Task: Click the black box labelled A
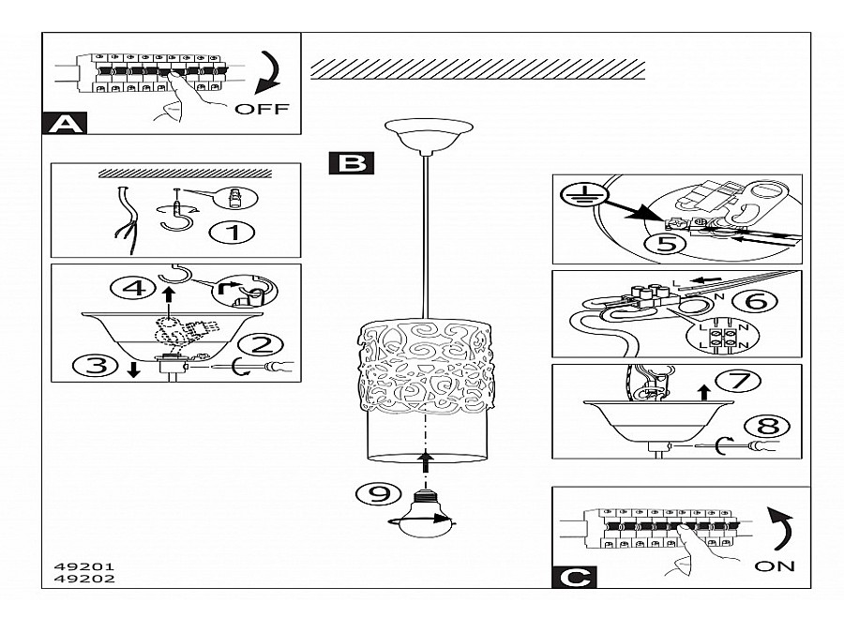click(64, 124)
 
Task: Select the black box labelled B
click(352, 163)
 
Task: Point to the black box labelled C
click(573, 575)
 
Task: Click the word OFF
click(262, 109)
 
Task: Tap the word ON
click(774, 565)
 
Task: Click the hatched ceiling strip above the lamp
click(478, 68)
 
